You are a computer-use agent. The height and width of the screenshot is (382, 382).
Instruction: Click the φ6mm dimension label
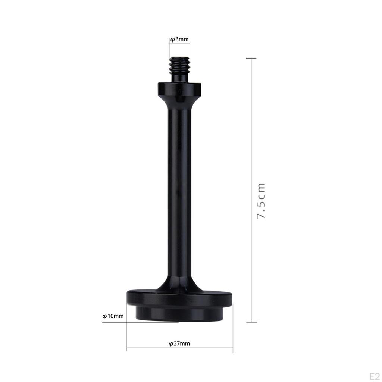[179, 40]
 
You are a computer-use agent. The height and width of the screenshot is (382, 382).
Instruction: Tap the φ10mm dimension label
[113, 316]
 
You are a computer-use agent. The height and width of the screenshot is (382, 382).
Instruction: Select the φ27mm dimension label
[179, 344]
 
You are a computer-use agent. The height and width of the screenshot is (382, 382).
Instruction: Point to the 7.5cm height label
[261, 201]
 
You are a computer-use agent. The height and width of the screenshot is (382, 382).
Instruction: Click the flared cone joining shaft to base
[179, 284]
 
